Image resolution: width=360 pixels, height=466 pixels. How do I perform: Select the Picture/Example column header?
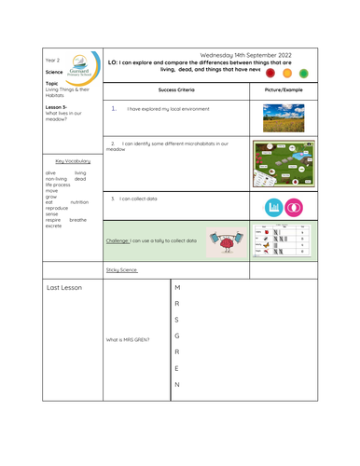tap(284, 89)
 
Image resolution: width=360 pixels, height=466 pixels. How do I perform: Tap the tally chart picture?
tap(284, 240)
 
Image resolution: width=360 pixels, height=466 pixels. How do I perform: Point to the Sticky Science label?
tap(122, 269)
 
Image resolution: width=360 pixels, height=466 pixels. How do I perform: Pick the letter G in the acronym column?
tap(177, 336)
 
